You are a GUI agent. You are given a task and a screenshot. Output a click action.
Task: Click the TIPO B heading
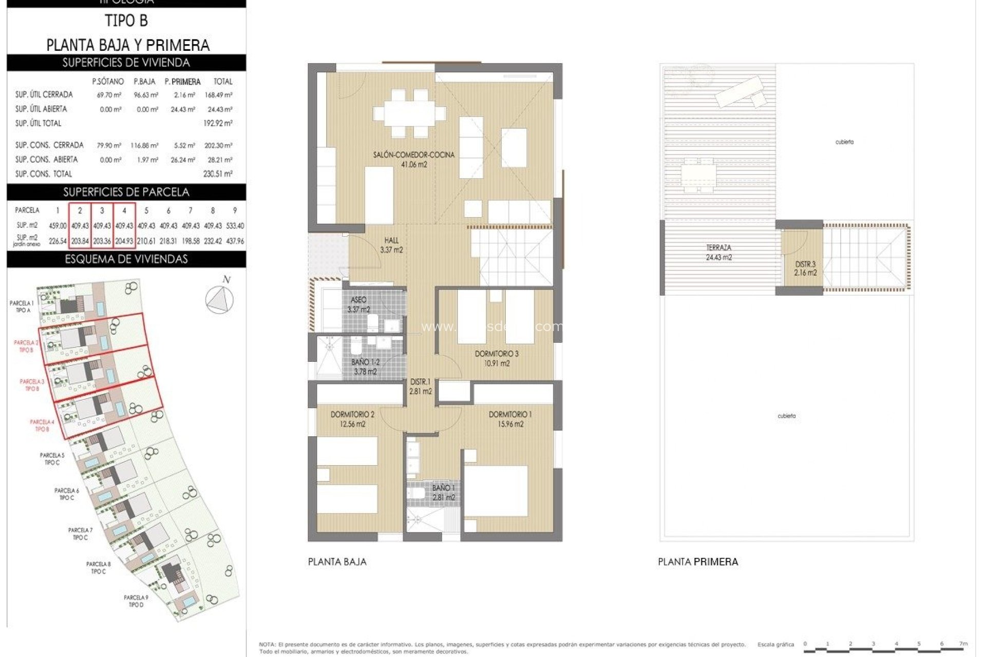pyautogui.click(x=126, y=21)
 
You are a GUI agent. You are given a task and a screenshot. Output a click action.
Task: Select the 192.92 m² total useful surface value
pyautogui.click(x=218, y=123)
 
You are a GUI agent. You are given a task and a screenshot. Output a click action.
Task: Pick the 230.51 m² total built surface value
pyautogui.click(x=218, y=174)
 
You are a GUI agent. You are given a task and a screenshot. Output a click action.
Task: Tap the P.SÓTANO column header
pyautogui.click(x=108, y=82)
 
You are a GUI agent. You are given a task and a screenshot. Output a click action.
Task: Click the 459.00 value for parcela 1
pyautogui.click(x=58, y=226)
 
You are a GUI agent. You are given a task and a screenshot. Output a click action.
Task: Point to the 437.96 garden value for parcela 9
pyautogui.click(x=235, y=241)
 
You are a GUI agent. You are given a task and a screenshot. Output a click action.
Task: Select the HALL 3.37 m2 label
pyautogui.click(x=391, y=245)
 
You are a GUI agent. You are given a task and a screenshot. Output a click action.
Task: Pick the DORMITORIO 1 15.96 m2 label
pyautogui.click(x=510, y=419)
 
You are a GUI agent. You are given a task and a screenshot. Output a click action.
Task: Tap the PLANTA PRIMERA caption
pyautogui.click(x=697, y=562)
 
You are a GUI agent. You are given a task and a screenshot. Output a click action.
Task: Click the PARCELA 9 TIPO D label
pyautogui.click(x=136, y=601)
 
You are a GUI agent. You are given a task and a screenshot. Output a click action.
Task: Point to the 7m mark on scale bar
pyautogui.click(x=963, y=644)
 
